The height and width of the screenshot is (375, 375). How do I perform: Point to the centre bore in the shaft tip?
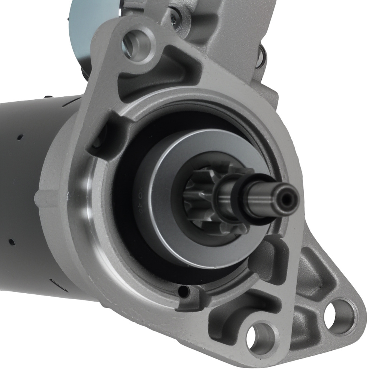[287, 200]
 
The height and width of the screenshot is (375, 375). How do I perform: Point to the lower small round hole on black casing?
[11, 241]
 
